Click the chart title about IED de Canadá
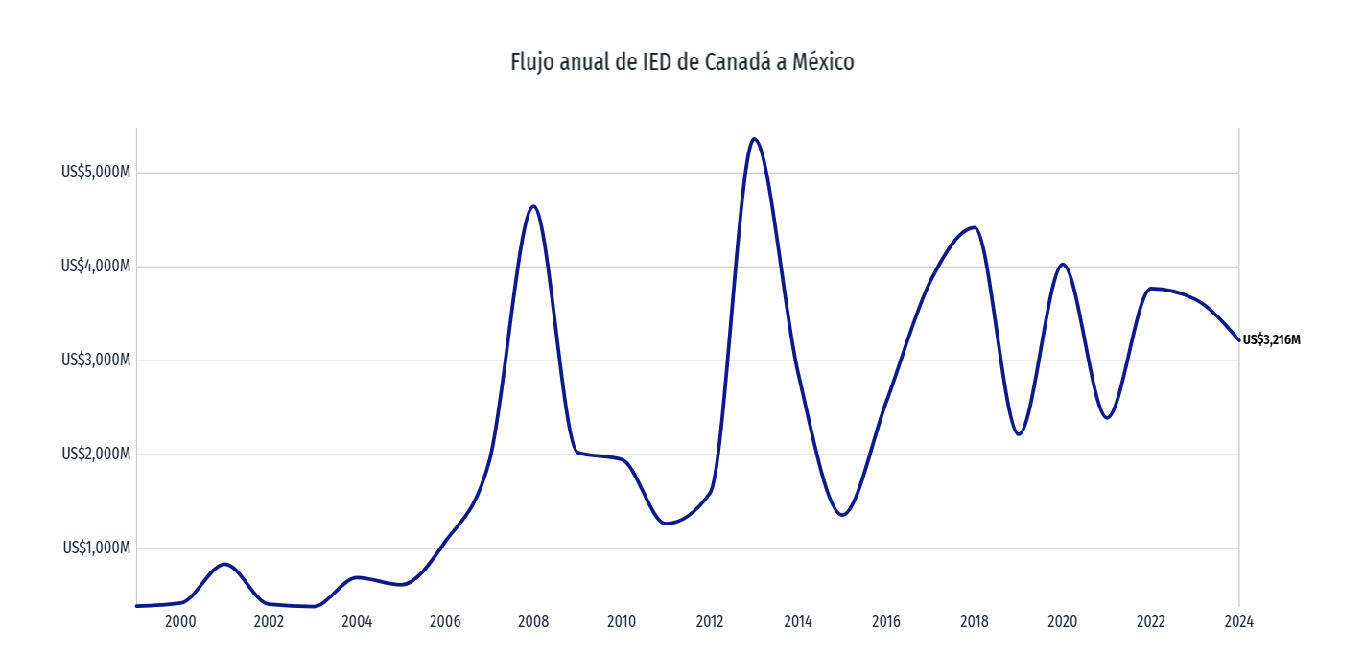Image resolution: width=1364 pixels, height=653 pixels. (681, 63)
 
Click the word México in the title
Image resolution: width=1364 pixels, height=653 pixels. (822, 63)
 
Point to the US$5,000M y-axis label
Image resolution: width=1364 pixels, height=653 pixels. (95, 173)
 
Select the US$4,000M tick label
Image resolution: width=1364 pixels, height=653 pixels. (95, 267)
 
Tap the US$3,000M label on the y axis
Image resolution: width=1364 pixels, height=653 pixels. (95, 361)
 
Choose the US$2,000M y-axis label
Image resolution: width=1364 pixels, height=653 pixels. (95, 455)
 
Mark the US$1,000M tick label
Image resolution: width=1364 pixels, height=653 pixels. (95, 548)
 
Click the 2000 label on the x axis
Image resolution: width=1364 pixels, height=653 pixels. (180, 621)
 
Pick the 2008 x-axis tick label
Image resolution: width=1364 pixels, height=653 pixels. (533, 621)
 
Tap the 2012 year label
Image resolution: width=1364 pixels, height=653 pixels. (710, 621)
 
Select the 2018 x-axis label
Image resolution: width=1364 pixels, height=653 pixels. (975, 621)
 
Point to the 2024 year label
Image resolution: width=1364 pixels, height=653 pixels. (1239, 621)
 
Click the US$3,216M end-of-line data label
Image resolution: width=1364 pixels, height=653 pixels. (1272, 340)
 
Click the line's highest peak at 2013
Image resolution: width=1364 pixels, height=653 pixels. (754, 139)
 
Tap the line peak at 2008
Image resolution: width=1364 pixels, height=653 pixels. (533, 206)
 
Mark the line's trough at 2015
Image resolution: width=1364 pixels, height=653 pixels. (842, 515)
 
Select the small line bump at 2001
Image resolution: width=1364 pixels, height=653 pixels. (224, 564)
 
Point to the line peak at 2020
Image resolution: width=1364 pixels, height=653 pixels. (1063, 264)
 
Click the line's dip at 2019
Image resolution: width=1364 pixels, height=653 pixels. (1019, 434)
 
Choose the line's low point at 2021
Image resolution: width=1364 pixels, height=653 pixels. (1107, 418)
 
